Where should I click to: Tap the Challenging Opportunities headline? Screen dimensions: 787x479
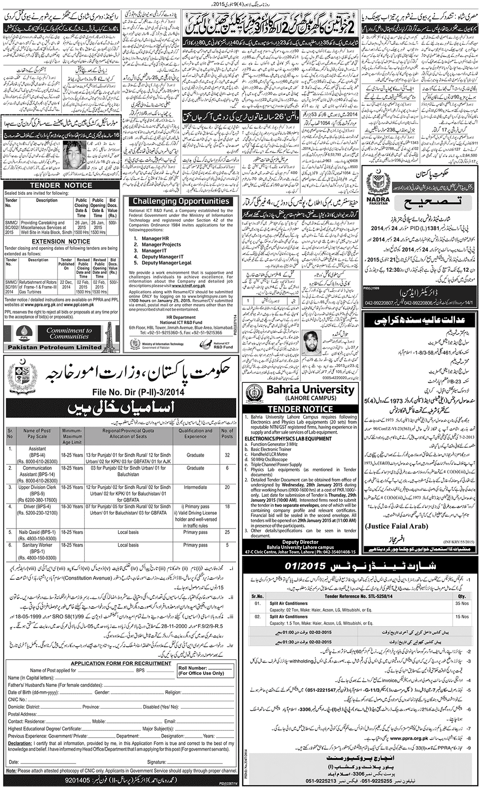[x=181, y=201]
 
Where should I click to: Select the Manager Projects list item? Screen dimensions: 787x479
[x=161, y=245]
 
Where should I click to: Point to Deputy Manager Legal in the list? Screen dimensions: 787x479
[x=166, y=263]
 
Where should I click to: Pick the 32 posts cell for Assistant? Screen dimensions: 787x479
[x=227, y=455]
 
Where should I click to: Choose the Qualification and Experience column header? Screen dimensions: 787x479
[x=195, y=433]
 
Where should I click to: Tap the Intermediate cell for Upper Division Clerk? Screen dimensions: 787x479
[x=195, y=487]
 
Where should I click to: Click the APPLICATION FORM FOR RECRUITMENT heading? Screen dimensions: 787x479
[x=121, y=663]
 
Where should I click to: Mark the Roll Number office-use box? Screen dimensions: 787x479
[x=206, y=670]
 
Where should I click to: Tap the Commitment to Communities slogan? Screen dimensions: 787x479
[x=69, y=333]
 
